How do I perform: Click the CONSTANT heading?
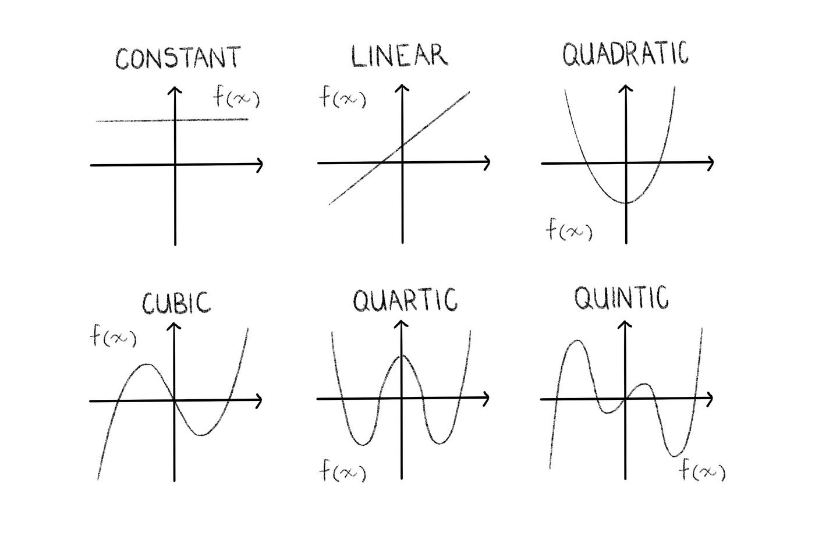(178, 58)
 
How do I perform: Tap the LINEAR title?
(399, 56)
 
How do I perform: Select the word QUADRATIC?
(625, 54)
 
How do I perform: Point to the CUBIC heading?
(176, 303)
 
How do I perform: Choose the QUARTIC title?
(405, 300)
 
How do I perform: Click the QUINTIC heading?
(621, 298)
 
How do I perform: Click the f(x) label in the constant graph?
(236, 97)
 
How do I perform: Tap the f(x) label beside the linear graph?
(342, 97)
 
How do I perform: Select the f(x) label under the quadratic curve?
(569, 229)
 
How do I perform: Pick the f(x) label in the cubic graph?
(113, 335)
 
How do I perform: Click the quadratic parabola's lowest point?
(626, 203)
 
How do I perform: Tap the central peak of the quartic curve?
(401, 356)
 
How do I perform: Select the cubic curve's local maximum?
(147, 364)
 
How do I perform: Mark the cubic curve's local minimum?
(201, 435)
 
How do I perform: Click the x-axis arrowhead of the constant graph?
(260, 165)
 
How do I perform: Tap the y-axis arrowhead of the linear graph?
(402, 87)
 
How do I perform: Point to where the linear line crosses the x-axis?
(381, 163)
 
